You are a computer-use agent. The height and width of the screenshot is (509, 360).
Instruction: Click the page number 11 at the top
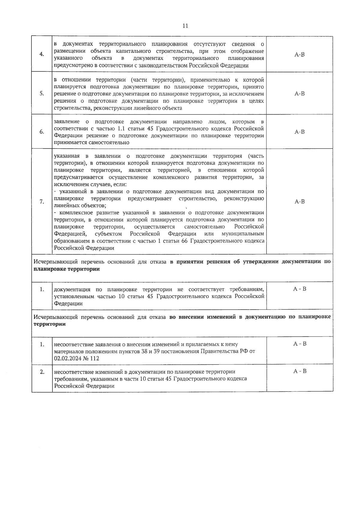pyautogui.click(x=185, y=26)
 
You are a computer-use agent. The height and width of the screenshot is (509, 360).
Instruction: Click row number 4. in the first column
pyautogui.click(x=42, y=54)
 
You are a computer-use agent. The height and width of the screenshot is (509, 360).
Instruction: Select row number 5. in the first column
pyautogui.click(x=42, y=93)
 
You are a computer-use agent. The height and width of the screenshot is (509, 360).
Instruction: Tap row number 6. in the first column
pyautogui.click(x=42, y=132)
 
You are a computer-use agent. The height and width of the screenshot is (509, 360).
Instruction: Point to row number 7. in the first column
pyautogui.click(x=42, y=202)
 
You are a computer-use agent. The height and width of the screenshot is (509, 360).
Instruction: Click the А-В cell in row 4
pyautogui.click(x=299, y=55)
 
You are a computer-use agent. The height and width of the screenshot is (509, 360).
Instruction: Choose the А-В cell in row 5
pyautogui.click(x=299, y=94)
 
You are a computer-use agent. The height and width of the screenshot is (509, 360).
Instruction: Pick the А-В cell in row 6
pyautogui.click(x=299, y=132)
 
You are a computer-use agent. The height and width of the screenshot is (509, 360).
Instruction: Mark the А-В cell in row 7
pyautogui.click(x=299, y=202)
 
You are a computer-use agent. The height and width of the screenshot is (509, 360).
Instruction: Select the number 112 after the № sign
pyautogui.click(x=94, y=358)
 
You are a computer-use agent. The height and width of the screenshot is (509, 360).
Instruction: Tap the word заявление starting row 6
pyautogui.click(x=67, y=122)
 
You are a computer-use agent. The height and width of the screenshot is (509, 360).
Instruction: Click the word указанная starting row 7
pyautogui.click(x=67, y=156)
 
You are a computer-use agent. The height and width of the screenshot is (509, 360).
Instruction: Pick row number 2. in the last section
pyautogui.click(x=42, y=372)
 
